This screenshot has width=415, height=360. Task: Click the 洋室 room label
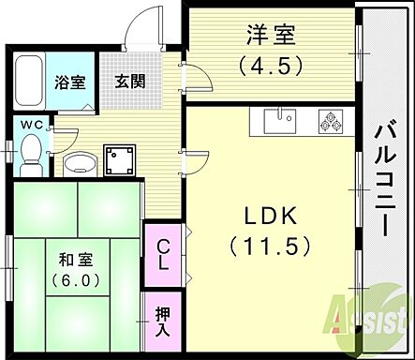272,37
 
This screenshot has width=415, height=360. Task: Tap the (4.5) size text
272,67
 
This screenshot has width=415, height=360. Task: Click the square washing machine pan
120,159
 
